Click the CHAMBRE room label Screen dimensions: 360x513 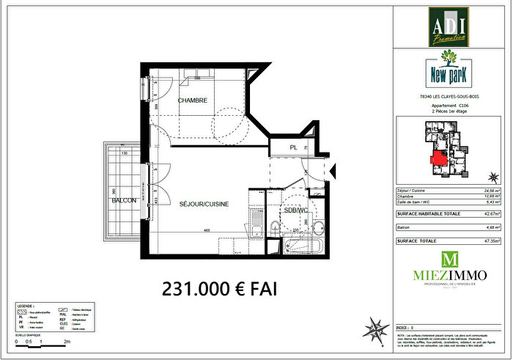192,100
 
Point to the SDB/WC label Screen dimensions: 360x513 295,211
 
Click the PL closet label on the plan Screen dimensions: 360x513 292,147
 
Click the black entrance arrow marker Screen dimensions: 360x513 333,172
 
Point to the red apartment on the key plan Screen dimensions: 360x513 440,157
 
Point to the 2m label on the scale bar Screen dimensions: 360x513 67,342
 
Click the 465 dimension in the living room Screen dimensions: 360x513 208,232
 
